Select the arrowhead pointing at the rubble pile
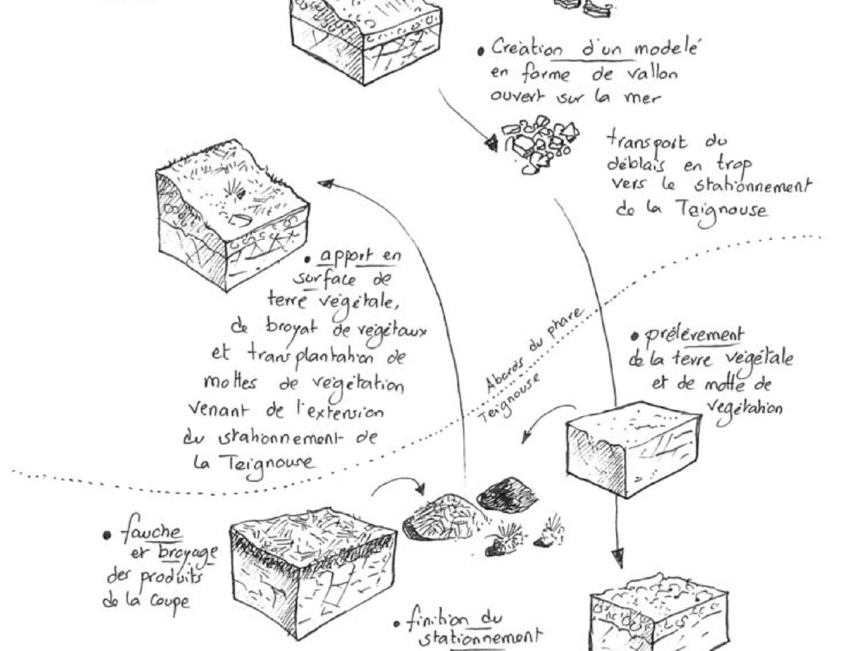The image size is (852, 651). point(491,143)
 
